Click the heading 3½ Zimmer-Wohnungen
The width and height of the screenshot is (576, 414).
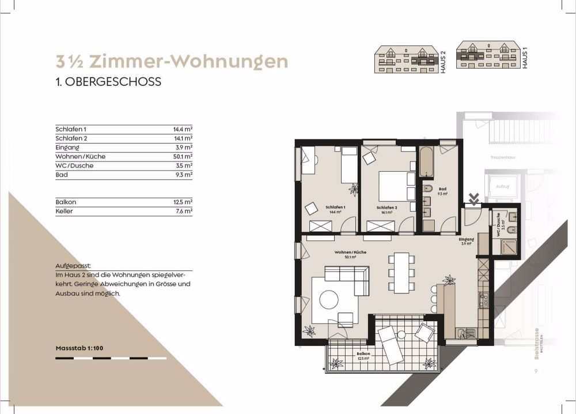(171, 61)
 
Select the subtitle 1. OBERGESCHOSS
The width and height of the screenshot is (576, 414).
(108, 82)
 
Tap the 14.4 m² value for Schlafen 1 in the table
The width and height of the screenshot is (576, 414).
(183, 129)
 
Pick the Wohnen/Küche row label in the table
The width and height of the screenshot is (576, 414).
(81, 156)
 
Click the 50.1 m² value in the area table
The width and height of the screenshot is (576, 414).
(183, 156)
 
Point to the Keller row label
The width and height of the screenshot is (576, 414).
(66, 211)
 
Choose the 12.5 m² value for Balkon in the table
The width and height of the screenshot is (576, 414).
(183, 202)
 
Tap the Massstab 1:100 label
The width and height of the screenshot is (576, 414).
(79, 348)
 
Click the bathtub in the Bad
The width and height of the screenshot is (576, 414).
(425, 163)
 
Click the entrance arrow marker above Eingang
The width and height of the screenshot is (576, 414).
(473, 200)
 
